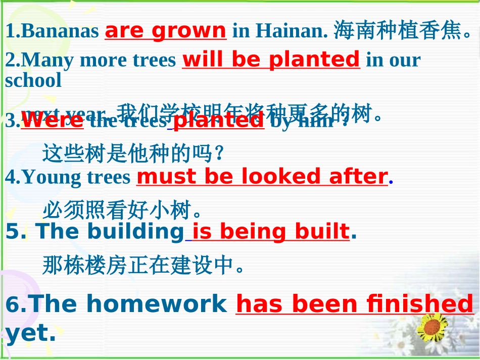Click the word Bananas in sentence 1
coord(61,32)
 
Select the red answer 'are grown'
coord(165,31)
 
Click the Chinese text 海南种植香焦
coord(404,31)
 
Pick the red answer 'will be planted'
coord(271,60)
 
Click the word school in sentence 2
coord(33,80)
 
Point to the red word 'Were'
coord(52,121)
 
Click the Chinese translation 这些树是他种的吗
coord(133,153)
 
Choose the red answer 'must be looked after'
coord(262,177)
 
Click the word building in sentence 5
coord(133,231)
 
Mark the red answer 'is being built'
coord(271,231)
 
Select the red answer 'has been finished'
coord(355,304)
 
